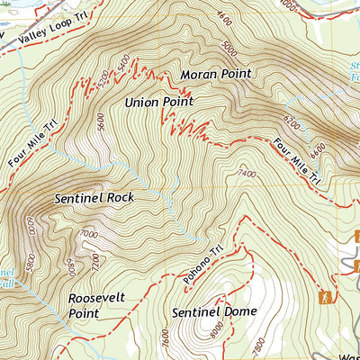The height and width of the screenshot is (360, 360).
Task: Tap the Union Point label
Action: (159, 103)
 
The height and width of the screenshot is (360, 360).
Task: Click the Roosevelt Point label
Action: (94, 305)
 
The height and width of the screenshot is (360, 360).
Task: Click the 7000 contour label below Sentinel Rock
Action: (87, 236)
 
